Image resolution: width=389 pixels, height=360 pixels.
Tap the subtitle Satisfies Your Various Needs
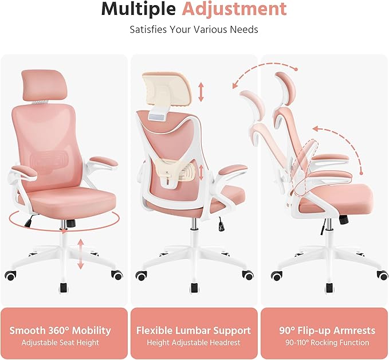coord(194,29)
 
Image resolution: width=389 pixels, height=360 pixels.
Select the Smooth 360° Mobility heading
coord(60,331)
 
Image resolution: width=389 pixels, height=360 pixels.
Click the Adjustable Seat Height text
coord(60,343)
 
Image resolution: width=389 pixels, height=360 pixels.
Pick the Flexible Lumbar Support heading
coord(193,331)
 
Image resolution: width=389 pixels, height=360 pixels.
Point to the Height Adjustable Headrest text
coord(193,343)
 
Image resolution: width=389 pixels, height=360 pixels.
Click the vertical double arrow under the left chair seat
coord(81,254)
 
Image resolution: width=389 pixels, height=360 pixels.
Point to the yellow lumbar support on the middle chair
coord(172,170)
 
